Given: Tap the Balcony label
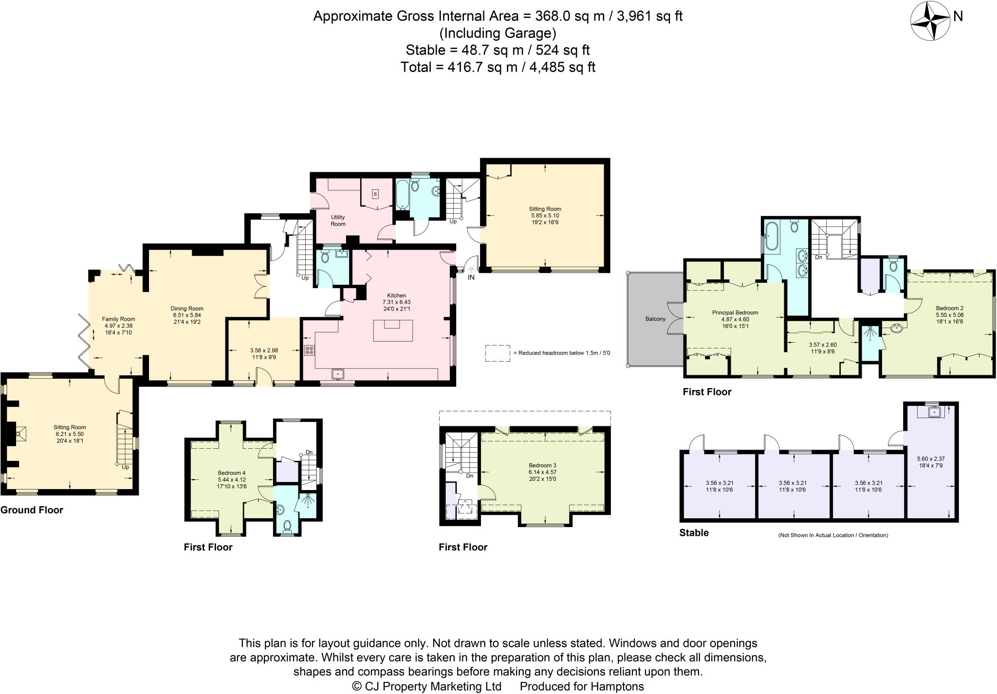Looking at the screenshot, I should click(x=655, y=319).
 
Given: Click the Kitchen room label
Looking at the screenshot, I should click(x=396, y=295).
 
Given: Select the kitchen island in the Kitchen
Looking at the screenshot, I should click(x=393, y=330).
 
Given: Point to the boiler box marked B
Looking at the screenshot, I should click(x=375, y=194).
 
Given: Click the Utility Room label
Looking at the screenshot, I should click(x=338, y=220).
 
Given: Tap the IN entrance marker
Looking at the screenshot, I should click(x=471, y=277).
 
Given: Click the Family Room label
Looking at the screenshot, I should click(x=118, y=319).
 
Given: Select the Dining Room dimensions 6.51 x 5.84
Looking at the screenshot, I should click(x=187, y=315).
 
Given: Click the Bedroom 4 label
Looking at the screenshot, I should click(x=232, y=473).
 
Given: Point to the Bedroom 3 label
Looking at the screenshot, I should click(x=542, y=465).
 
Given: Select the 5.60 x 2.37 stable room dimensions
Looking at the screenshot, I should click(x=930, y=458).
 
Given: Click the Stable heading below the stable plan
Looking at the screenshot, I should click(x=694, y=533).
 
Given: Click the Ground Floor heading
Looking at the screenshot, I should click(x=32, y=510).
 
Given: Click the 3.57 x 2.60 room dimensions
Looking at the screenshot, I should click(x=823, y=345).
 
